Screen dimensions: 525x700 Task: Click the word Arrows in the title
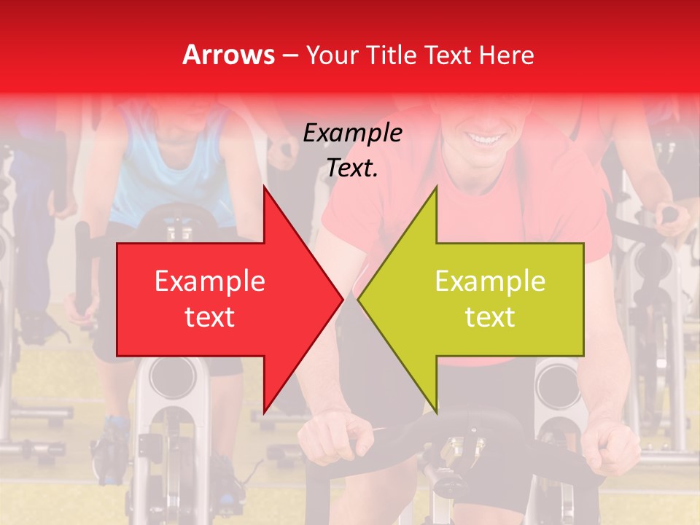(x=228, y=55)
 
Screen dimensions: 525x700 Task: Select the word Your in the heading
(x=331, y=55)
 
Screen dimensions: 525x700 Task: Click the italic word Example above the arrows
(x=352, y=133)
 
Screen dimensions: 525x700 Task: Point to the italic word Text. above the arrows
(x=352, y=168)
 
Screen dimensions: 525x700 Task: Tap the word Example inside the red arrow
(x=210, y=281)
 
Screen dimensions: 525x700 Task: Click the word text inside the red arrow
(x=210, y=317)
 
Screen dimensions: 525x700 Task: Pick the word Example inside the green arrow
(x=490, y=281)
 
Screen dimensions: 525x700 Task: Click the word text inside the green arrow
(x=490, y=317)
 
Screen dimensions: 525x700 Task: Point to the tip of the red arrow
(x=341, y=299)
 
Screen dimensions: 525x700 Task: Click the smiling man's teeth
(x=482, y=137)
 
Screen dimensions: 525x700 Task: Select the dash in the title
(x=289, y=55)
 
